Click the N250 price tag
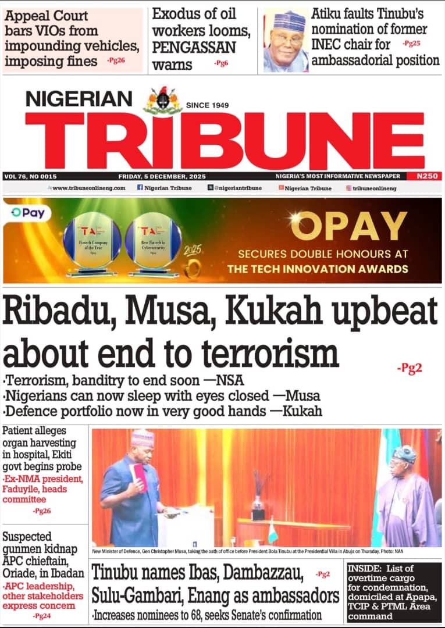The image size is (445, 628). pos(425,176)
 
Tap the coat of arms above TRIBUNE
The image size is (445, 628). pos(163,101)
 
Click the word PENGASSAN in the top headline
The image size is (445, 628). pos(194,47)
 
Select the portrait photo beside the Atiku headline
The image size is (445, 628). pos(286,41)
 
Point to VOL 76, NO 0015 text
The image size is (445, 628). pos(30,176)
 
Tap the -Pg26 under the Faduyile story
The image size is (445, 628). pos(41,511)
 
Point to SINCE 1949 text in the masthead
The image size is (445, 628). pos(208,105)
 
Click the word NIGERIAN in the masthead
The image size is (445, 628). pos(79,99)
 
